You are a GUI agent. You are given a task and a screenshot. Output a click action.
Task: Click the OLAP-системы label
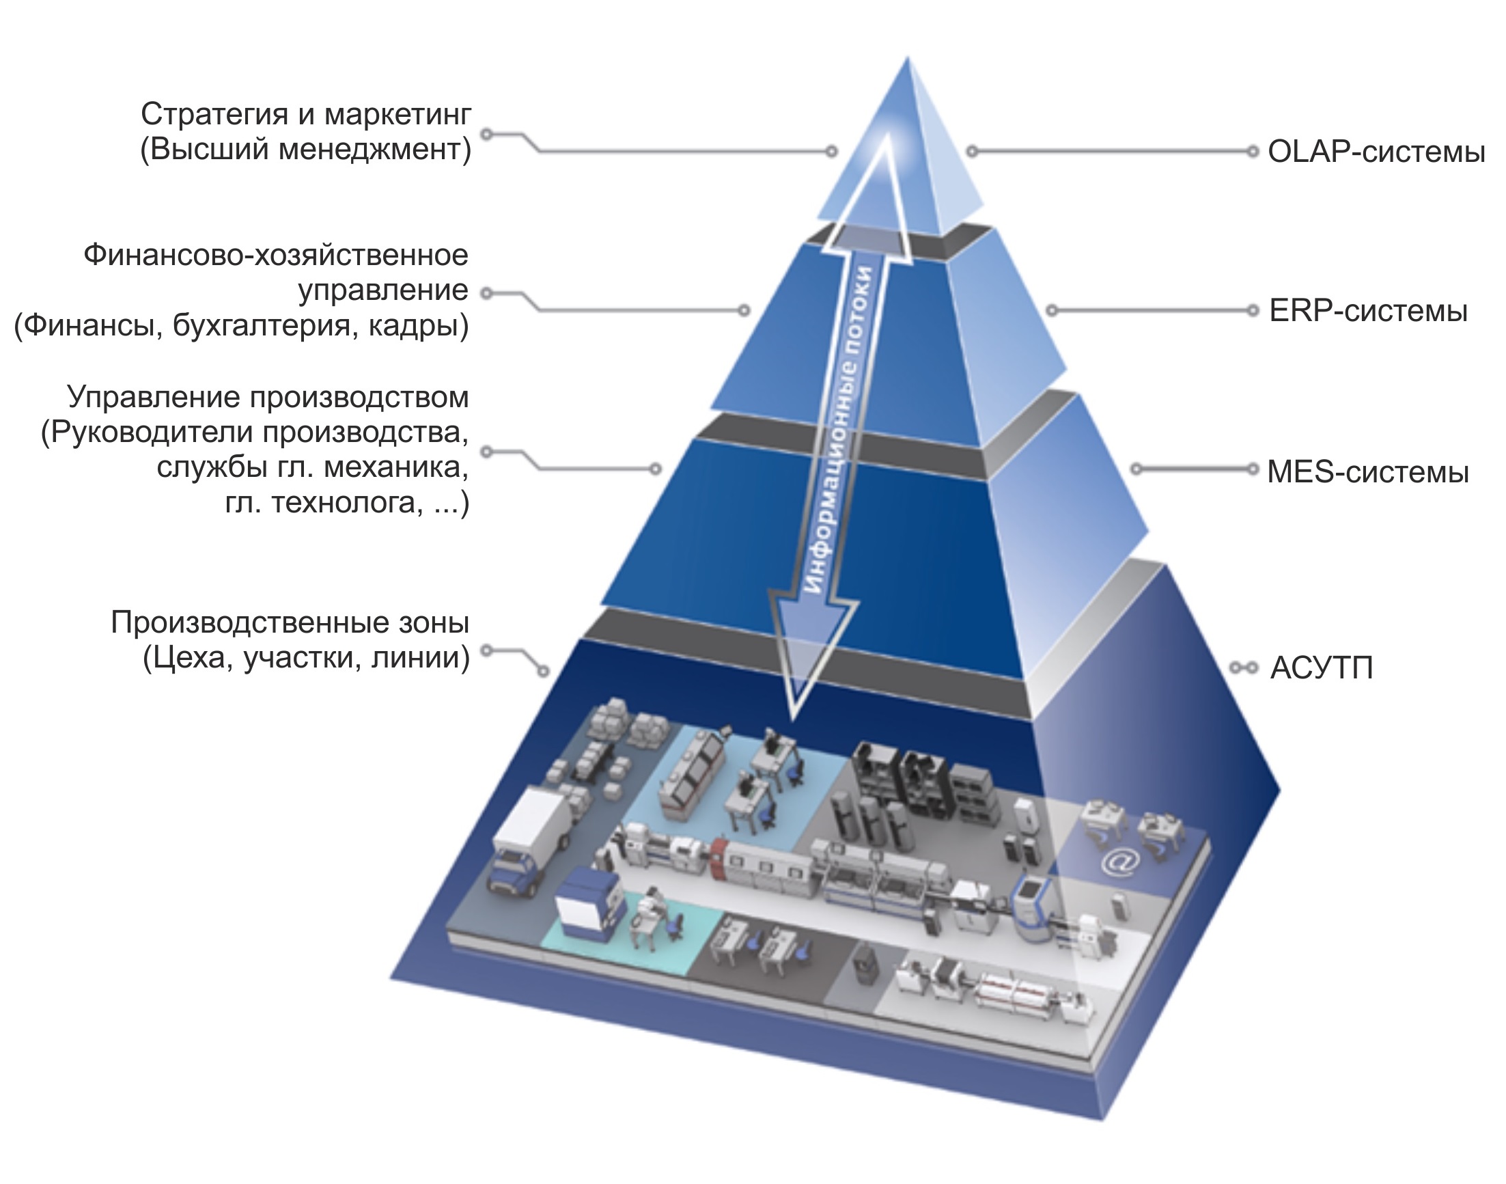pos(1376,152)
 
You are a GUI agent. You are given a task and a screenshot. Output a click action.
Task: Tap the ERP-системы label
pos(1367,312)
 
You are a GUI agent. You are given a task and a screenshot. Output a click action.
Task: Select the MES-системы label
pos(1367,472)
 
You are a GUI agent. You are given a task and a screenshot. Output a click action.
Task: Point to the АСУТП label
pos(1321,668)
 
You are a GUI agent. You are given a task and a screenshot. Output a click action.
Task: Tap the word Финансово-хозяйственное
pos(276,255)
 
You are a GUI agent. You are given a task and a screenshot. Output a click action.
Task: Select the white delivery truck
pos(530,840)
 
